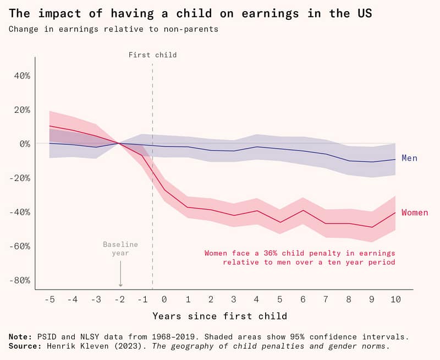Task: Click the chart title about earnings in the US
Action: [190, 13]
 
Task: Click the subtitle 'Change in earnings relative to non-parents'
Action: [113, 29]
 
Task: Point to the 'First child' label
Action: [152, 55]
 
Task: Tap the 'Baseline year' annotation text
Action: [120, 248]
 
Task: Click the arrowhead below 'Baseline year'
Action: [120, 285]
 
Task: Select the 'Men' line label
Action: [409, 158]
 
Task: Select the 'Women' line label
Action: [414, 212]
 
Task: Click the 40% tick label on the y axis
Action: [21, 75]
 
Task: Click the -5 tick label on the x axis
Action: [50, 299]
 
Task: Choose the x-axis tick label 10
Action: [395, 299]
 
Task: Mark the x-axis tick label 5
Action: [280, 299]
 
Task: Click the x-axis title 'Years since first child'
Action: [219, 316]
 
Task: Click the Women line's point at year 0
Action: [164, 190]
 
